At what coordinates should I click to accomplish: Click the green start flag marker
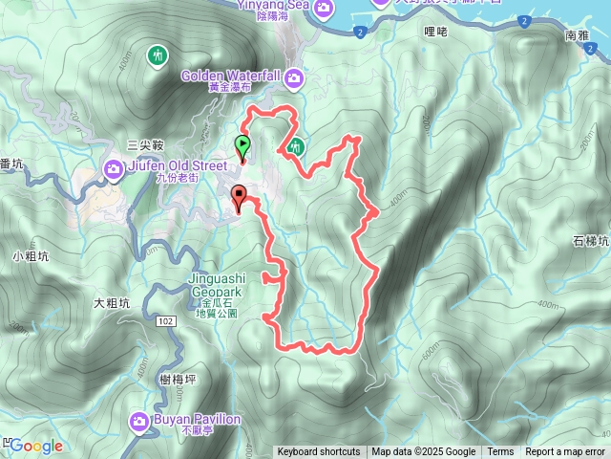pyautogui.click(x=242, y=146)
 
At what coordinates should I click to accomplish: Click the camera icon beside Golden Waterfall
pyautogui.click(x=296, y=76)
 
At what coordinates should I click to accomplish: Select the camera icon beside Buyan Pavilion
pyautogui.click(x=139, y=420)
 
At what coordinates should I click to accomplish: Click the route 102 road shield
pyautogui.click(x=167, y=320)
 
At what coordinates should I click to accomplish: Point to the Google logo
pyautogui.click(x=36, y=446)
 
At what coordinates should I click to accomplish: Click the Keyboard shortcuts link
pyautogui.click(x=319, y=452)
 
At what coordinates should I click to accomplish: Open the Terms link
pyautogui.click(x=500, y=452)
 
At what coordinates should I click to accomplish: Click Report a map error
pyautogui.click(x=565, y=452)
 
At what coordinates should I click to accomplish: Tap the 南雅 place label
pyautogui.click(x=578, y=34)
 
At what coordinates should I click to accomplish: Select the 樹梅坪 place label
pyautogui.click(x=179, y=380)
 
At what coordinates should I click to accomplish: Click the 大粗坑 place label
pyautogui.click(x=111, y=303)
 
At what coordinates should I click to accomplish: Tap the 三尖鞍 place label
pyautogui.click(x=146, y=144)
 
